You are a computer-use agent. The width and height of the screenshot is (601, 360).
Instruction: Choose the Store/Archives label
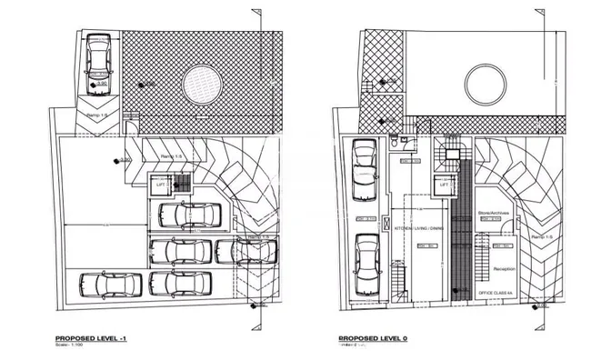point(491,211)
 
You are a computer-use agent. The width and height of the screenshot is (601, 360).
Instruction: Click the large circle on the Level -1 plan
point(203,86)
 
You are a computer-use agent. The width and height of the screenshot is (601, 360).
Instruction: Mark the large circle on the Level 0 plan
point(486,86)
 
